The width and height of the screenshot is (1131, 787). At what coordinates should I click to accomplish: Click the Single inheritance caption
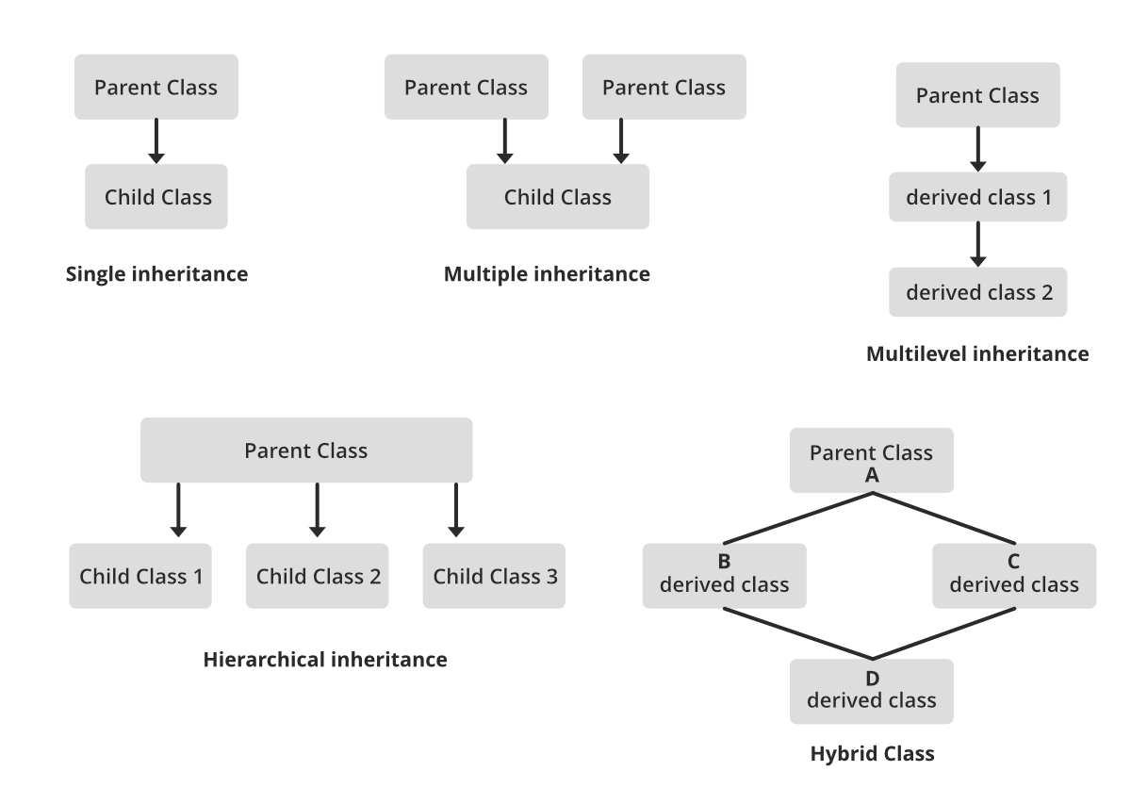click(157, 275)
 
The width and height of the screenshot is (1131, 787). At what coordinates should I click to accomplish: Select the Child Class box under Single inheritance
click(156, 197)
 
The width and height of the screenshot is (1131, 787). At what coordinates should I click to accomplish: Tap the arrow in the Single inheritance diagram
click(157, 140)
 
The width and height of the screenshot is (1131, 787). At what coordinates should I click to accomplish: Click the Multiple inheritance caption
click(547, 275)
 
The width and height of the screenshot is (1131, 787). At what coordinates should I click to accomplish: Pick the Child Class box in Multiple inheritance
click(557, 197)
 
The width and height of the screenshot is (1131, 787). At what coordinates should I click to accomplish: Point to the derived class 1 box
click(978, 197)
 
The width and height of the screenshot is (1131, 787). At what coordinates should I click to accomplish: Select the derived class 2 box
click(978, 292)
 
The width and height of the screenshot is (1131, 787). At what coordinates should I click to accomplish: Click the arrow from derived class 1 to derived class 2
click(978, 244)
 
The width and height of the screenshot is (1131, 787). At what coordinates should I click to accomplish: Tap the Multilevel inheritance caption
click(976, 354)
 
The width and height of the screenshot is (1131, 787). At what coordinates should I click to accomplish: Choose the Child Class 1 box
click(140, 576)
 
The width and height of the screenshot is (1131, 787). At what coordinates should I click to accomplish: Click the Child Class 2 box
click(318, 576)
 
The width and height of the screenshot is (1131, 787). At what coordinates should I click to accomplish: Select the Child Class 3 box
click(495, 576)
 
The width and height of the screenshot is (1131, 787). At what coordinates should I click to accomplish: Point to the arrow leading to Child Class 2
click(318, 510)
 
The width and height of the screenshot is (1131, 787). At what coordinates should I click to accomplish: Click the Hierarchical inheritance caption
click(325, 660)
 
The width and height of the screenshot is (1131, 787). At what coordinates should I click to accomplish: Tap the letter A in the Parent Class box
click(872, 476)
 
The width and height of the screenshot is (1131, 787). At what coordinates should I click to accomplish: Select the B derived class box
click(724, 575)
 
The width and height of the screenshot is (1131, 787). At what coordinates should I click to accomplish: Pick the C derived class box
click(1014, 575)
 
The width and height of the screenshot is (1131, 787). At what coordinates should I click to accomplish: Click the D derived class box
click(872, 691)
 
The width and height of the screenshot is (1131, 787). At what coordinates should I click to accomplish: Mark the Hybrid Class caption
click(872, 754)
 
